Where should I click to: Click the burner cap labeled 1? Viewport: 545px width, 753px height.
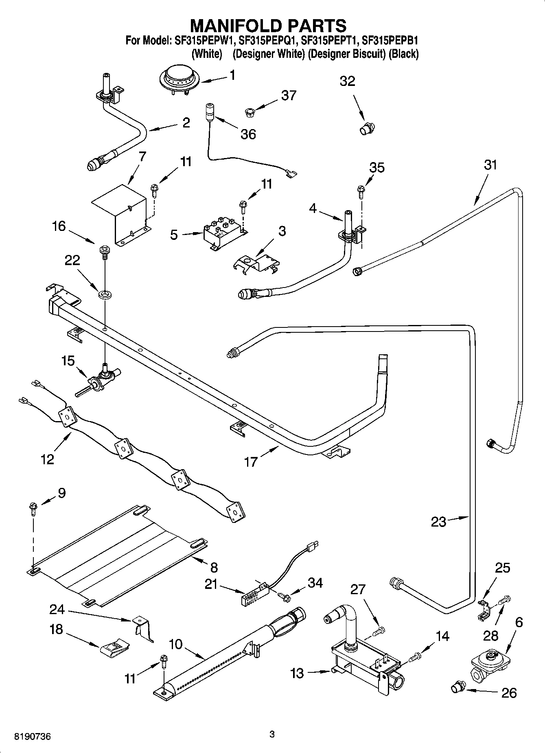[x=179, y=79]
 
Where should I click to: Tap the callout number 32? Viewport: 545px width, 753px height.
[x=347, y=81]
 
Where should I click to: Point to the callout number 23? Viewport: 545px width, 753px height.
[x=438, y=522]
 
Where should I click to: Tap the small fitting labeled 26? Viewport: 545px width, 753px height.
[x=458, y=687]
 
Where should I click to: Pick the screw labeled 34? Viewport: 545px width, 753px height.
[x=285, y=597]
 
